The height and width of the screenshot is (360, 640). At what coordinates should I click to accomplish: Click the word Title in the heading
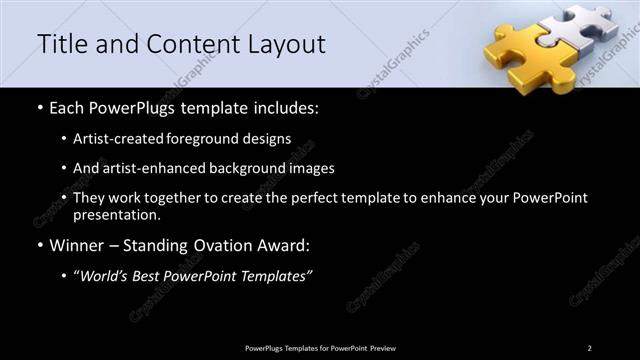(x=63, y=45)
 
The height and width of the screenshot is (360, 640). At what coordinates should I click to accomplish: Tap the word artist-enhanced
(x=149, y=169)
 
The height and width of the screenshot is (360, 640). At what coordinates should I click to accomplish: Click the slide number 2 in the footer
(x=589, y=348)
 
